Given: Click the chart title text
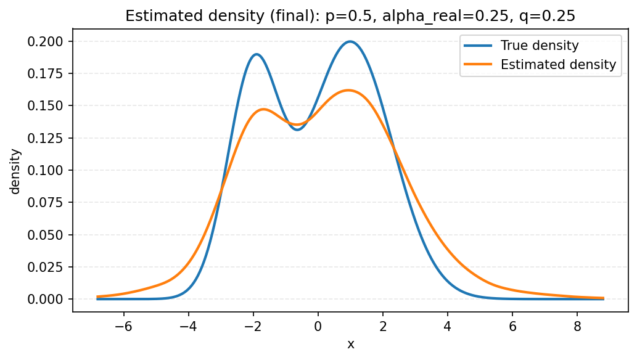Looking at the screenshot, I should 350,16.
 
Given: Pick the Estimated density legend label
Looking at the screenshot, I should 558,64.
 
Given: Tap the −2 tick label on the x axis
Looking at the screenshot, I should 253,326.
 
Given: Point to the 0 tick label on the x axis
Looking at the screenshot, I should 318,326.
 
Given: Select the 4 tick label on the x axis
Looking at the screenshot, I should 448,326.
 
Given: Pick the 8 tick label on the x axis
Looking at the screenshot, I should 577,326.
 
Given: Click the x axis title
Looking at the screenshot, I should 350,345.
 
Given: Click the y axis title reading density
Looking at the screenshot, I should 15,171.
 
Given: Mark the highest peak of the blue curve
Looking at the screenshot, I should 350,41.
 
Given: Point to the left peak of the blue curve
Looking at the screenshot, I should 257,54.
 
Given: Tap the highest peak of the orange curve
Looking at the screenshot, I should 348,90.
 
